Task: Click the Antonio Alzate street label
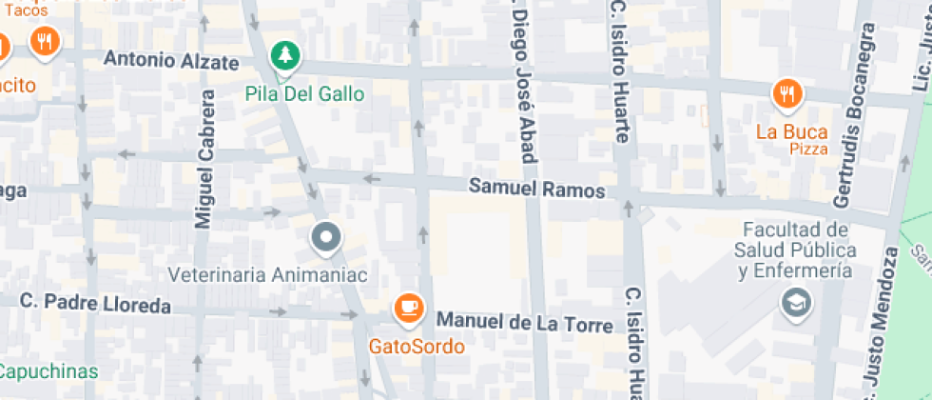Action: [x=171, y=61]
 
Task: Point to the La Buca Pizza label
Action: [x=792, y=139]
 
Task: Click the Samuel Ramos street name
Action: [x=536, y=190]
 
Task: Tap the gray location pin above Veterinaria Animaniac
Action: [x=327, y=238]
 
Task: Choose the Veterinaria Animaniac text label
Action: [x=267, y=274]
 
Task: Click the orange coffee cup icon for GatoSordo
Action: [x=410, y=307]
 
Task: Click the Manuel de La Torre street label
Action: [x=524, y=324]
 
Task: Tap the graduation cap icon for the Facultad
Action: [x=792, y=304]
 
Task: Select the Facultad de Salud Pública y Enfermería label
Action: [x=794, y=250]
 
